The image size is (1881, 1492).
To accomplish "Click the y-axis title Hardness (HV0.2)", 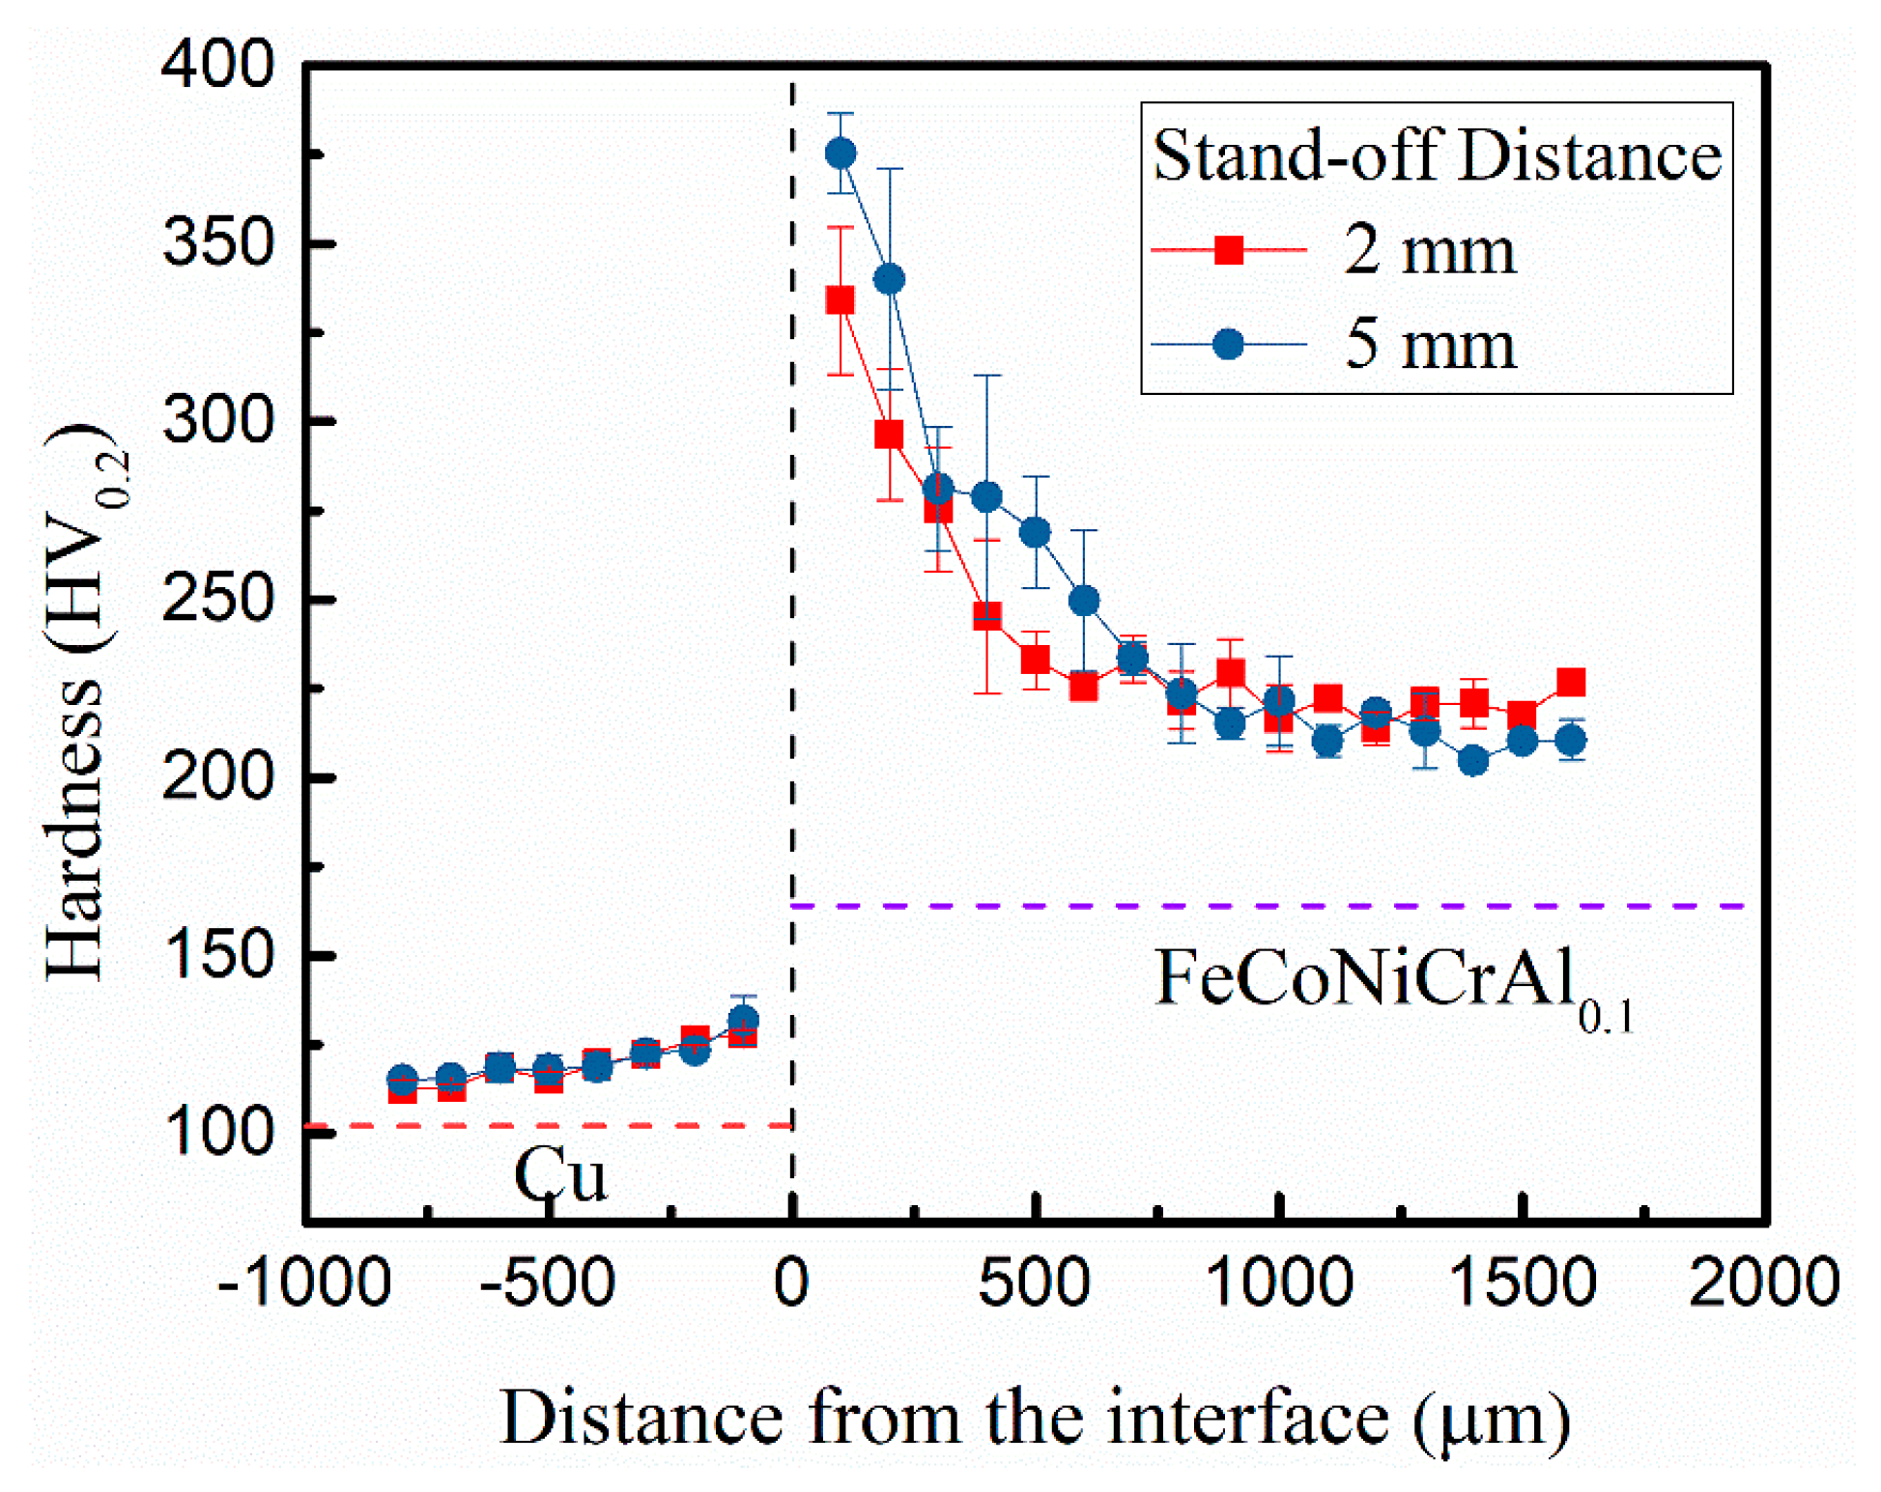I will tap(85, 700).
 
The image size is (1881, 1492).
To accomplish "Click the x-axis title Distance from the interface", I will tap(1034, 1418).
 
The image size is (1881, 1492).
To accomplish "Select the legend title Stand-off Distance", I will tap(1437, 155).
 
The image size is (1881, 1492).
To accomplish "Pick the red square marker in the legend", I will tap(1228, 250).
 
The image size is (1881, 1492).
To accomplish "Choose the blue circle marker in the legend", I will tap(1228, 344).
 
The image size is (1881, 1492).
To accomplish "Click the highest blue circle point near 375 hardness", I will tap(841, 153).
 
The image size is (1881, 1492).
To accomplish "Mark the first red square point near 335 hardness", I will tap(841, 300).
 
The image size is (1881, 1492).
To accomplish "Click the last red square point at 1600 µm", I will tap(1571, 682).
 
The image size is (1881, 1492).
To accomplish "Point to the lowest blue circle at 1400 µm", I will tap(1473, 761).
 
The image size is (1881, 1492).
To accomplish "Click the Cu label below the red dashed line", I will tap(560, 1175).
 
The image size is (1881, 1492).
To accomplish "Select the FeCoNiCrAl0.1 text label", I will tap(1391, 983).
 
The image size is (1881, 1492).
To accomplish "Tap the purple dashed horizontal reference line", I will tap(1256, 906).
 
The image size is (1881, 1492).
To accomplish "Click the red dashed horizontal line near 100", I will tap(541, 1125).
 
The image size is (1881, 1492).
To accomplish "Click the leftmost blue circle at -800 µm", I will tap(402, 1080).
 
